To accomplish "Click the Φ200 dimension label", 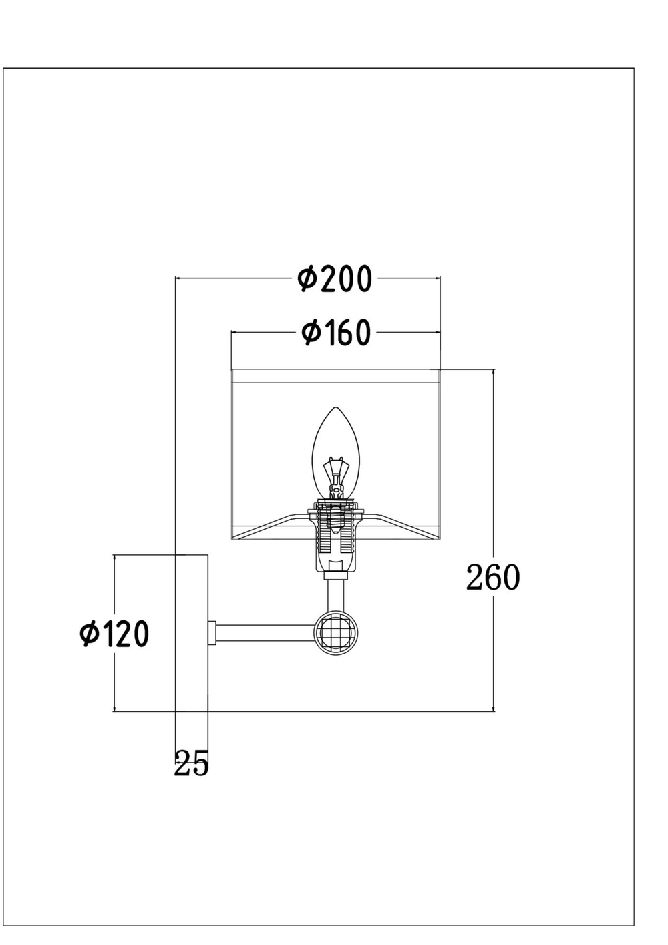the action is click(x=334, y=279).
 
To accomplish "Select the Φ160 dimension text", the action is click(x=336, y=333).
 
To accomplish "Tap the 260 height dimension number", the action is click(x=493, y=578).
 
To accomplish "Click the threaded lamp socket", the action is click(x=336, y=534).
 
